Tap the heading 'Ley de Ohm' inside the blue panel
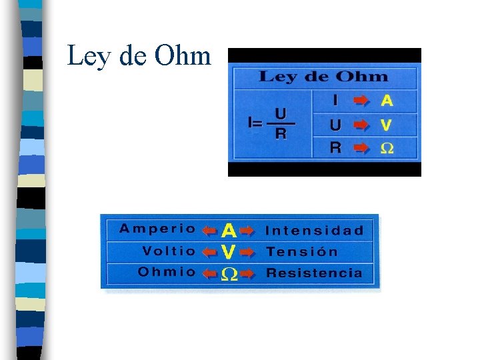point(323,76)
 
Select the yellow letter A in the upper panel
point(387,101)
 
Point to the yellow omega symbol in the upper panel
point(387,148)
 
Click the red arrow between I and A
point(361,101)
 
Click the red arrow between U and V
point(361,125)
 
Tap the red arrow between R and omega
point(361,148)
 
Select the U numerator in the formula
point(281,114)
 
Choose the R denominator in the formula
point(281,134)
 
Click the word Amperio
point(158,229)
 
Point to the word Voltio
point(169,251)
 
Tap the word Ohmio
point(167,272)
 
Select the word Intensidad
point(315,231)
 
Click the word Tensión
point(302,252)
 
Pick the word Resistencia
point(315,273)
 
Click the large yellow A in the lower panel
point(229,231)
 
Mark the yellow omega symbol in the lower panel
point(229,275)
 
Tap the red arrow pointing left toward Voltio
point(209,252)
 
